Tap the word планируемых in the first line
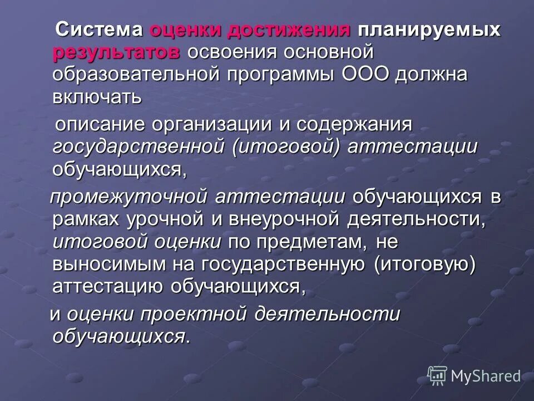[429, 30]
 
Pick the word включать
[97, 96]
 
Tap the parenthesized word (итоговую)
[426, 263]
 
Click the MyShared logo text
[486, 376]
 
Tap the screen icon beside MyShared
[437, 375]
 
